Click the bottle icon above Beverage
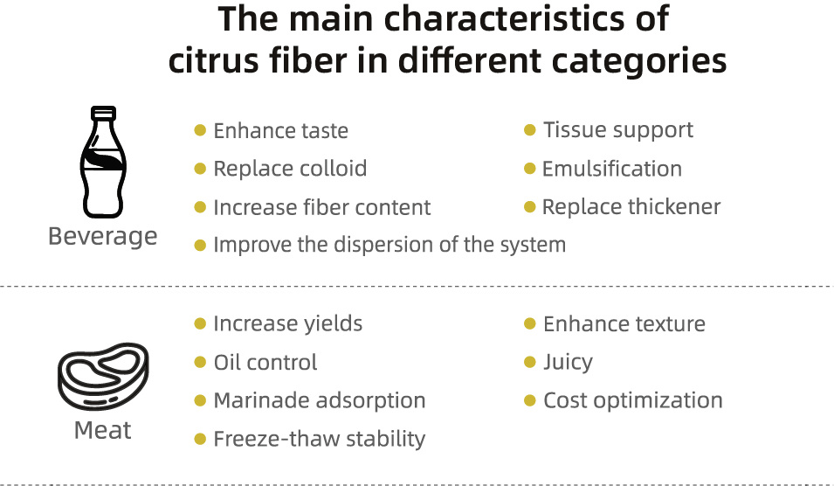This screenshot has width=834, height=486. click(103, 162)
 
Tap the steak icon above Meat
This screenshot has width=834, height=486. click(103, 377)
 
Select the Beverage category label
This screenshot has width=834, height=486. click(103, 236)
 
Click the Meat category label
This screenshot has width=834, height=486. click(103, 429)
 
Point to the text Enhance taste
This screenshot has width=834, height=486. click(281, 130)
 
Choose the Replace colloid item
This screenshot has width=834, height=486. click(290, 169)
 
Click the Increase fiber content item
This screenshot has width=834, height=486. click(321, 207)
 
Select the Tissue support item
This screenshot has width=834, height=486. click(618, 130)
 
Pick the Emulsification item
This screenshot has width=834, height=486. click(611, 169)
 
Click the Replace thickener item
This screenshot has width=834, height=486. click(631, 206)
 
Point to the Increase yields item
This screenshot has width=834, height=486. click(287, 323)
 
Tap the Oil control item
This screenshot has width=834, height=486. click(265, 363)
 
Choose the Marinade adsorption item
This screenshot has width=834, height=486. click(319, 400)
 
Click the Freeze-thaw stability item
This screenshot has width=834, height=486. click(319, 439)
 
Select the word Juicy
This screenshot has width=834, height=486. click(568, 363)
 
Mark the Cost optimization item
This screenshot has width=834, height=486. click(633, 400)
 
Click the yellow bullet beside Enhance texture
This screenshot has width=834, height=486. click(530, 323)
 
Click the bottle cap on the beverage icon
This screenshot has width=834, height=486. click(103, 112)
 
